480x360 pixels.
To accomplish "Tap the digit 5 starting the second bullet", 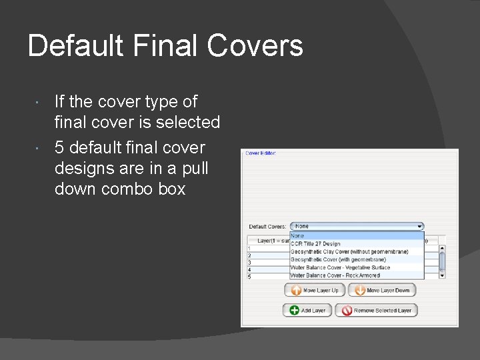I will click(x=59, y=147).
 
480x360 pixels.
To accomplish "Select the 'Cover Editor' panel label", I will click(x=261, y=153).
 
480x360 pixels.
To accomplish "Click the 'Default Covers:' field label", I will click(x=267, y=227).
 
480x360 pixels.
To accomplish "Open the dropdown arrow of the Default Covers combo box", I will click(x=419, y=227).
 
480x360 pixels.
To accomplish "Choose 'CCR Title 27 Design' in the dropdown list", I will click(x=315, y=244).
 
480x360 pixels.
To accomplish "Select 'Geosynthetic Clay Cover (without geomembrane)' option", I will click(x=349, y=252).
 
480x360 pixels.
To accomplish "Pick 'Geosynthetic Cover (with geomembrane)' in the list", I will click(x=339, y=260).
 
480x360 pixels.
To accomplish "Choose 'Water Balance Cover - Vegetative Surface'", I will click(x=340, y=268).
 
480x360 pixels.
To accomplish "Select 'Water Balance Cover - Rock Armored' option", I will click(x=335, y=275).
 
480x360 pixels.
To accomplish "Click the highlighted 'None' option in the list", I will click(x=298, y=236).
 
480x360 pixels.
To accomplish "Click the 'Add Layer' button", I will click(x=307, y=311).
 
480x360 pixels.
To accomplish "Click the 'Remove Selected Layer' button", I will click(x=375, y=311).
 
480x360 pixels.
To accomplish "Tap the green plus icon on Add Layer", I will click(x=294, y=311).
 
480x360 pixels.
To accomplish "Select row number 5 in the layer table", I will click(x=249, y=277).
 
